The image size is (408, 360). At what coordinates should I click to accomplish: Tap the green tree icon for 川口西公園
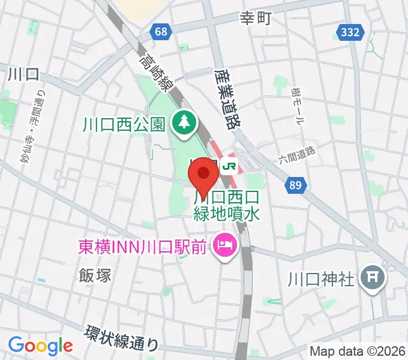coord(182,124)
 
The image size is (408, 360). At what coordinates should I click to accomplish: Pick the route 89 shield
coord(294,187)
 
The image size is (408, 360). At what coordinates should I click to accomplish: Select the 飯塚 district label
coord(95,275)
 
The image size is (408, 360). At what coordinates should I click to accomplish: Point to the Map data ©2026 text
coord(356,351)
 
